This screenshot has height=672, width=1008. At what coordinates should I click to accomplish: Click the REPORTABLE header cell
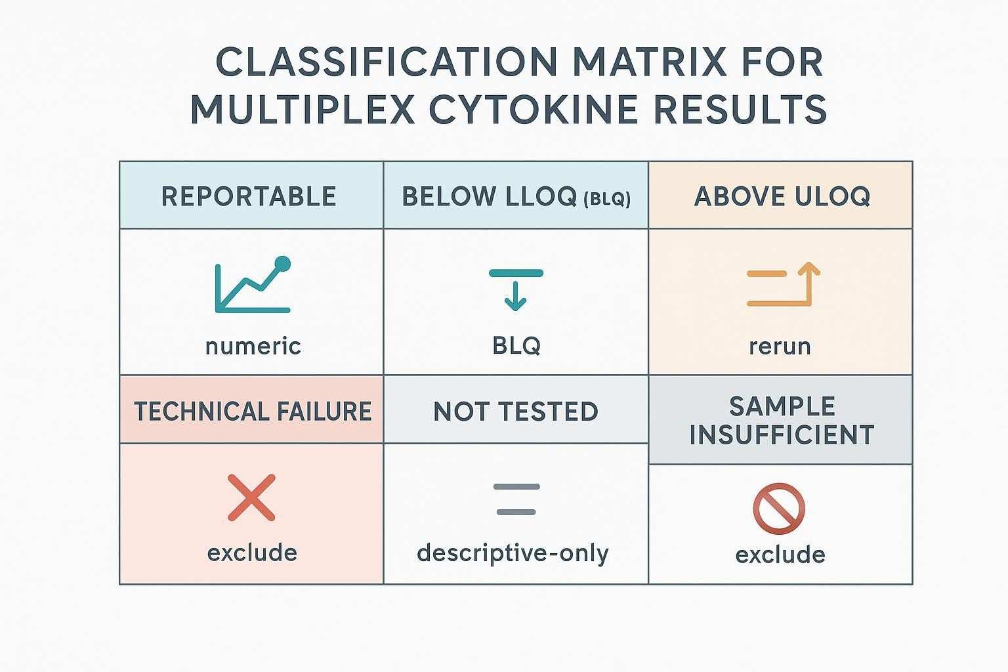point(249,196)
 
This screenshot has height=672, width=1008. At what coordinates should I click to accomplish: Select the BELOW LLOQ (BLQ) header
point(516,196)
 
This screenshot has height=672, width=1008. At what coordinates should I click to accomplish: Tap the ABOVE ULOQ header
point(782,196)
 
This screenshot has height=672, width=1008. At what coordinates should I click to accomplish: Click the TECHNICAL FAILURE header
point(253,411)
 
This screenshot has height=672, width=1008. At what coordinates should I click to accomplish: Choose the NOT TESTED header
point(516,411)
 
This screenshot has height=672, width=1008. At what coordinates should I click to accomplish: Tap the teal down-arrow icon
point(516,289)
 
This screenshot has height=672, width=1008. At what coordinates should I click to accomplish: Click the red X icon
point(251,498)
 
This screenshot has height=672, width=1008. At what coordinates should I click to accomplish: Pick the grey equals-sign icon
point(516,499)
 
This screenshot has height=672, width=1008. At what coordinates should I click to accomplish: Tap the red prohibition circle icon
point(779,509)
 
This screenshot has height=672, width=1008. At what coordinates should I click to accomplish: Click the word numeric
point(253,346)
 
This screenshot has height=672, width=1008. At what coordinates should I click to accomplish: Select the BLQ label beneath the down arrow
point(516,345)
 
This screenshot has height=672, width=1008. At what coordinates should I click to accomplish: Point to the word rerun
point(780,346)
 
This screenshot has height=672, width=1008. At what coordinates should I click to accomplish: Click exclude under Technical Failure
point(252,553)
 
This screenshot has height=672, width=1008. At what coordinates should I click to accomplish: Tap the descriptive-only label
point(513,553)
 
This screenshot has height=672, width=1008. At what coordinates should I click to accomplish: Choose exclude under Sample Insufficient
point(780,555)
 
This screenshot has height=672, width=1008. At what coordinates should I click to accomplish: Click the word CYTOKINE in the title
point(532,109)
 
